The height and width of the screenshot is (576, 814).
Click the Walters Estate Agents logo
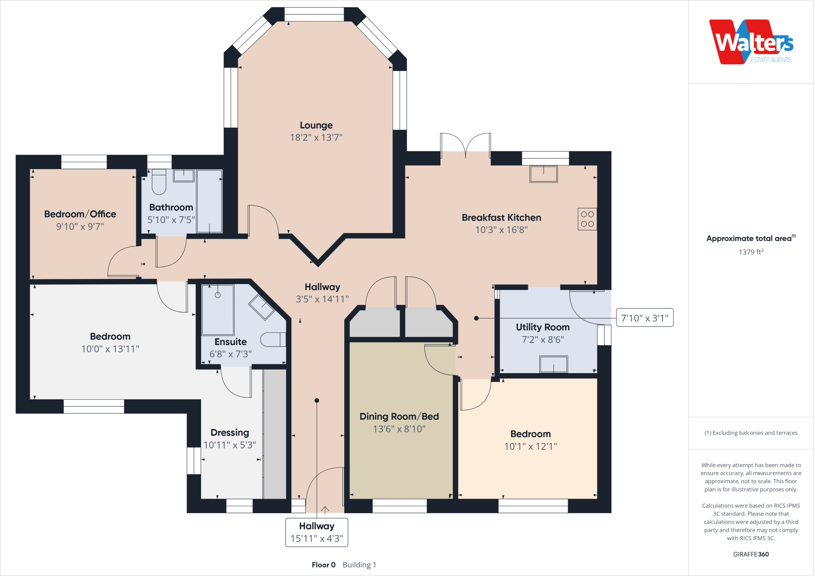coord(751,42)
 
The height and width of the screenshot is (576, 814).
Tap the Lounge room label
coord(316,125)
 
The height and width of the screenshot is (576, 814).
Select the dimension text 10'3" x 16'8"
coord(502,230)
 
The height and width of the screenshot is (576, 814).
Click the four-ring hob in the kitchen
coord(587,219)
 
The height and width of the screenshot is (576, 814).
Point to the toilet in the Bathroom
coord(159,182)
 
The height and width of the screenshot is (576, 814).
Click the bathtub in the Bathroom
coord(209,201)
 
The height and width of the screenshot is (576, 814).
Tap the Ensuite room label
coord(231,342)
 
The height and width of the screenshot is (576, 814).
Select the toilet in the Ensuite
coord(273,339)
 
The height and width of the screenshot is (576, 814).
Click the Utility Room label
coord(543,327)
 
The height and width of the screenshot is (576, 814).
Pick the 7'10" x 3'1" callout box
coord(645,318)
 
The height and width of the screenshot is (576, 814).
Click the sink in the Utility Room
coord(553,364)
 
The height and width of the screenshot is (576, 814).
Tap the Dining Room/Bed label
coord(399,416)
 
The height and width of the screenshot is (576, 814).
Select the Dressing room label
coord(230,433)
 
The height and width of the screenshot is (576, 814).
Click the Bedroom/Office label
coord(80,214)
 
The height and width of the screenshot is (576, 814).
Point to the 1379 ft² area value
coord(751,252)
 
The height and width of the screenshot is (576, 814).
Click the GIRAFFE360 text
coord(751,554)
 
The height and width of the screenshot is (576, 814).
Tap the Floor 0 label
coord(324,565)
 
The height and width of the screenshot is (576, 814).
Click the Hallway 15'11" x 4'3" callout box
coord(317,532)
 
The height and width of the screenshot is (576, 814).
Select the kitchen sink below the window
coord(543,174)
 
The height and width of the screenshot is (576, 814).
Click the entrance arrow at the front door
coord(325,510)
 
